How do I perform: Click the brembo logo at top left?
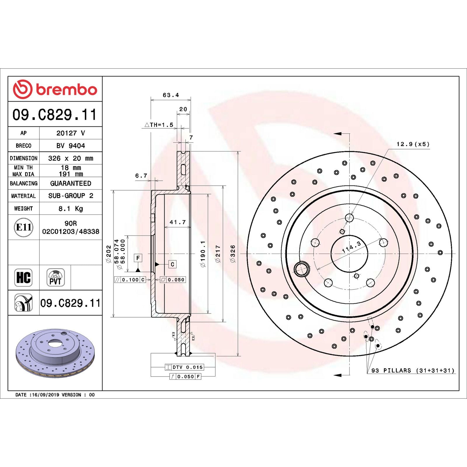(x=55, y=89)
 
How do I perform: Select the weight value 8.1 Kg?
(x=71, y=208)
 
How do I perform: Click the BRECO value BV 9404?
(x=71, y=146)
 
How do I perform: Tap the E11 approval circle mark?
(x=23, y=227)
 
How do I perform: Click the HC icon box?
(x=23, y=277)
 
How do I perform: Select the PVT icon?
(x=55, y=277)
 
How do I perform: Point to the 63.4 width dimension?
(x=171, y=95)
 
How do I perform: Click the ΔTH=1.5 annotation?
(x=159, y=125)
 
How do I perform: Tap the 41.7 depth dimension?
(x=177, y=222)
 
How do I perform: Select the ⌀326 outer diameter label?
(x=233, y=254)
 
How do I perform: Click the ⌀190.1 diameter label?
(x=203, y=254)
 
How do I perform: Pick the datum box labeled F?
(x=138, y=258)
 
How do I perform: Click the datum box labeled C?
(x=172, y=264)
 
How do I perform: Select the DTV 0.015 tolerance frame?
(x=184, y=367)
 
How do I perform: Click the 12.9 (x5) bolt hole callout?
(x=413, y=144)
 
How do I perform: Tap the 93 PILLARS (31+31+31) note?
(x=413, y=370)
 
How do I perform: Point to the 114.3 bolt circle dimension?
(x=351, y=247)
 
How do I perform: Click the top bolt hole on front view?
(x=349, y=218)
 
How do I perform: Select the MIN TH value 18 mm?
(x=71, y=168)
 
